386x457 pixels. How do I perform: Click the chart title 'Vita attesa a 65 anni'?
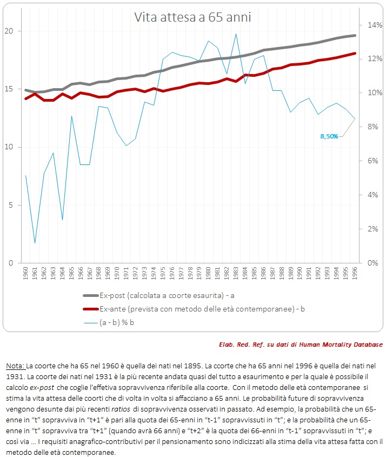(x=192, y=17)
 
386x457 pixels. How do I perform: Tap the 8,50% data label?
(x=329, y=136)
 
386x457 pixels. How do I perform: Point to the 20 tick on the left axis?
(x=9, y=31)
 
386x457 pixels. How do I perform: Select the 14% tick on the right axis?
(x=375, y=25)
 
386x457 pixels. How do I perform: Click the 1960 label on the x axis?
(x=25, y=273)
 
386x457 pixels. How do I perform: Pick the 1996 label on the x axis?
(x=355, y=273)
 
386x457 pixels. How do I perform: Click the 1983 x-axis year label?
(x=236, y=273)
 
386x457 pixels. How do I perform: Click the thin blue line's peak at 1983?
(x=236, y=34)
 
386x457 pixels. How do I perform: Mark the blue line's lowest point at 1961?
(x=35, y=243)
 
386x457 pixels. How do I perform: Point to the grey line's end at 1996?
(x=355, y=36)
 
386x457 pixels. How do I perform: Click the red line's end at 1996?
(x=355, y=54)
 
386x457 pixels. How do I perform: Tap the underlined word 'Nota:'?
(x=16, y=366)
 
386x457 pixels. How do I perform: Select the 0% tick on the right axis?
(x=372, y=263)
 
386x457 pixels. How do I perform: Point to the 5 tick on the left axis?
(x=11, y=205)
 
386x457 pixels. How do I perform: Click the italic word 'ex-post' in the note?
(x=42, y=388)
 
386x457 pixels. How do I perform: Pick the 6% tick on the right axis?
(x=372, y=161)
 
